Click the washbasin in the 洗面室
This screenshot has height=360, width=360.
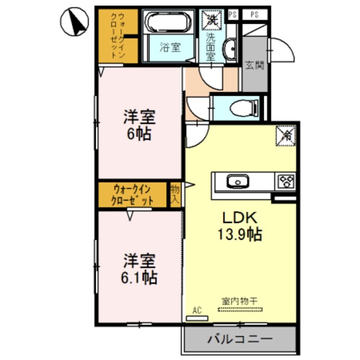[x=231, y=49]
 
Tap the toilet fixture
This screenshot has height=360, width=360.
[x=245, y=107]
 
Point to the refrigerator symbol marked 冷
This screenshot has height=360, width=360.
[x=285, y=135]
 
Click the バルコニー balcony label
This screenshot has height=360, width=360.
[x=239, y=340]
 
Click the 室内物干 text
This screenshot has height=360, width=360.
[x=240, y=301]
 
